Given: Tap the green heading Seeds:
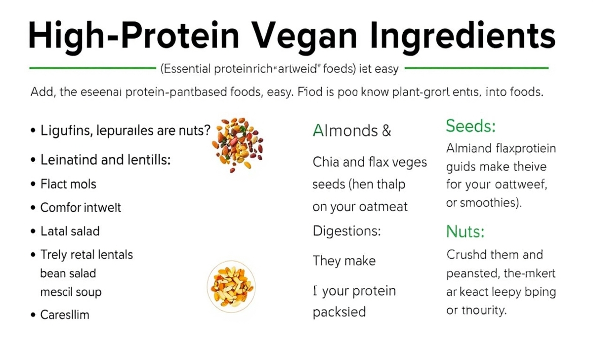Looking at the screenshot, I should (470, 127).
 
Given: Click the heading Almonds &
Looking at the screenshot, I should (352, 131).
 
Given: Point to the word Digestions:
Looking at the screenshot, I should (349, 230).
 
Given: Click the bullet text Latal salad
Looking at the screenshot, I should (70, 231).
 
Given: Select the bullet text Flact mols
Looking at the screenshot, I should (68, 184).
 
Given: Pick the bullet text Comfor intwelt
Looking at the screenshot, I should (81, 207).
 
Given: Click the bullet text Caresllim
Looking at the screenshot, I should (65, 315).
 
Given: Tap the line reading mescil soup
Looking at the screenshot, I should (71, 292).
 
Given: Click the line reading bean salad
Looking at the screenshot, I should (68, 273).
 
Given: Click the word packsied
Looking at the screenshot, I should (339, 312).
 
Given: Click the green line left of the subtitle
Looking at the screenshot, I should (92, 68).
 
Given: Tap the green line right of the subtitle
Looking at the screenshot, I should (476, 68).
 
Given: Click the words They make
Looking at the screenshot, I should (344, 261).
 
